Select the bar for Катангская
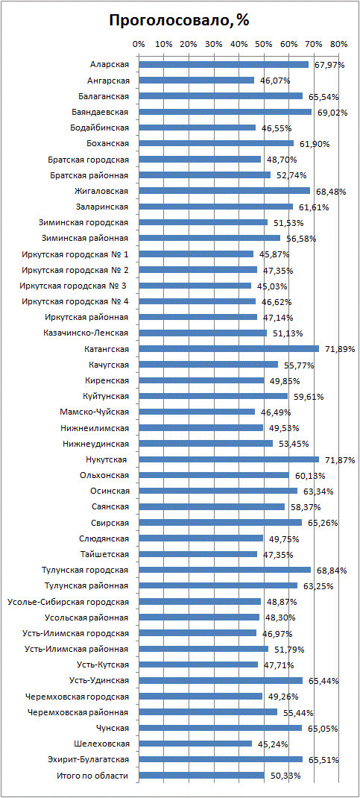point(229,348)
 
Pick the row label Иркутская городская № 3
point(75,286)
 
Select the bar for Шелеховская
point(195,744)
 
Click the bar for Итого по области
point(202,775)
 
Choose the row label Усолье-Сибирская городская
point(68,602)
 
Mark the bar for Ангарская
point(196,80)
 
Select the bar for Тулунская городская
point(225,570)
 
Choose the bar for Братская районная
point(205,175)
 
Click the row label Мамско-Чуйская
point(97,412)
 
